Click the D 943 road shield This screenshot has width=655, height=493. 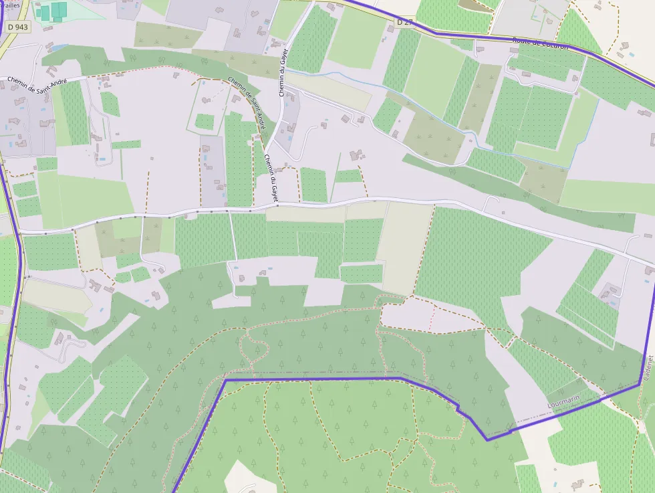coord(18,26)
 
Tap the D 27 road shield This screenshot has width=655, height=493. coord(404,22)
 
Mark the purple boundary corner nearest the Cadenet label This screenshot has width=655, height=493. coord(640,385)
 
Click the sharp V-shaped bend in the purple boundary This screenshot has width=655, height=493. coord(487,439)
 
